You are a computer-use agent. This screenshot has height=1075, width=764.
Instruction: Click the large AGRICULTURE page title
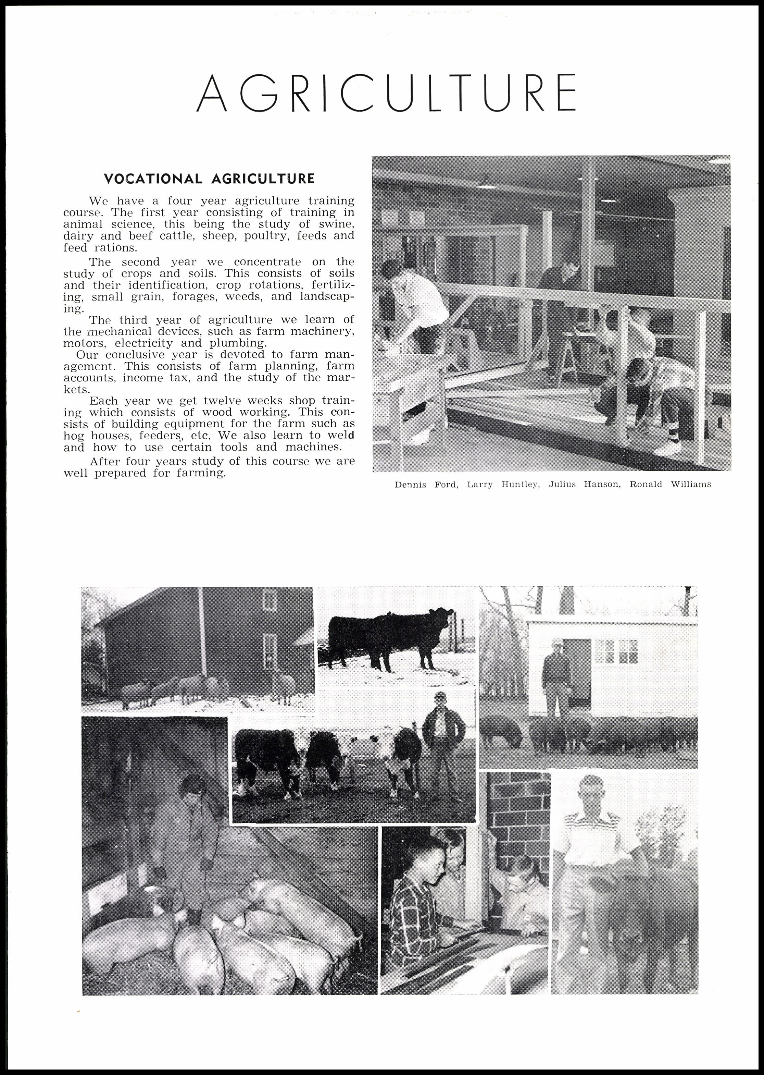[386, 93]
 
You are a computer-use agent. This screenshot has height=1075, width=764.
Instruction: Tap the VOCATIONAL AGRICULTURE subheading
[209, 179]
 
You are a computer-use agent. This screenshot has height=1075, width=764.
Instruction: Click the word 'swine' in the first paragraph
[336, 224]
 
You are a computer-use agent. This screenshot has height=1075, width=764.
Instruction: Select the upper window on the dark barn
[269, 600]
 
